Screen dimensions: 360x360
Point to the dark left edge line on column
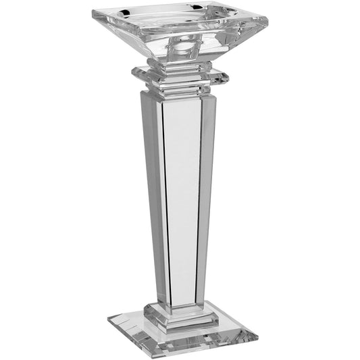click(165, 203)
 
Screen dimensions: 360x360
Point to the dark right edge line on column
click(198, 203)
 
